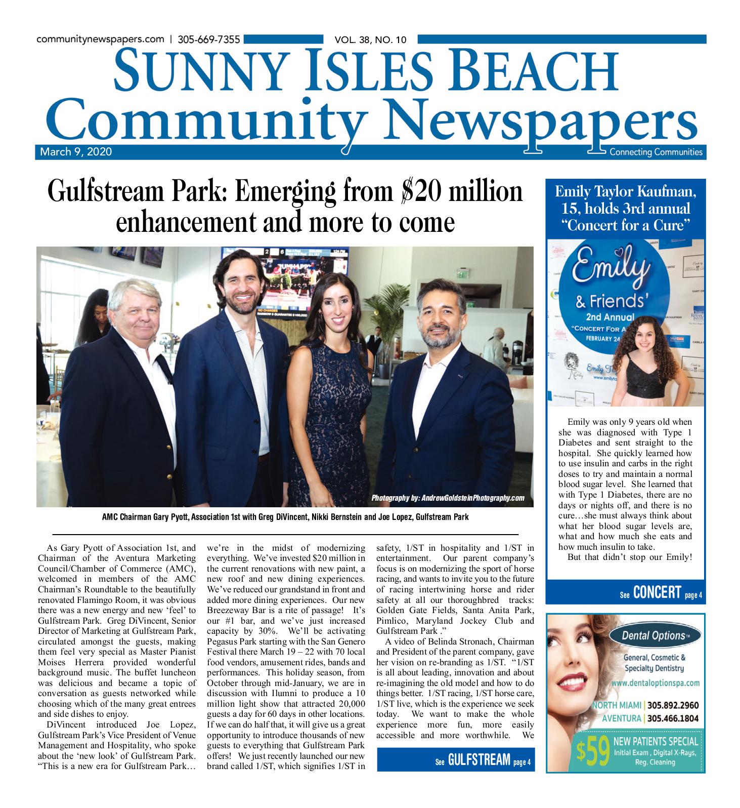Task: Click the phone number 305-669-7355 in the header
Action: [x=209, y=39]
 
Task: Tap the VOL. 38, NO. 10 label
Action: [x=370, y=40]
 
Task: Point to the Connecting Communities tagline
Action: [x=656, y=152]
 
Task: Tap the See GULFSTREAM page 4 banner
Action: [x=455, y=760]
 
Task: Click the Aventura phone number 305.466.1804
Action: [x=673, y=718]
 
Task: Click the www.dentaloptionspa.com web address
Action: [x=655, y=682]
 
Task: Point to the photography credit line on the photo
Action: [x=448, y=498]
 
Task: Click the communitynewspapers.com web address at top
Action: [x=100, y=39]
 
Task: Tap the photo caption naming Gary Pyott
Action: [x=285, y=517]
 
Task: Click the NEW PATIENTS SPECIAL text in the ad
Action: [x=655, y=742]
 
